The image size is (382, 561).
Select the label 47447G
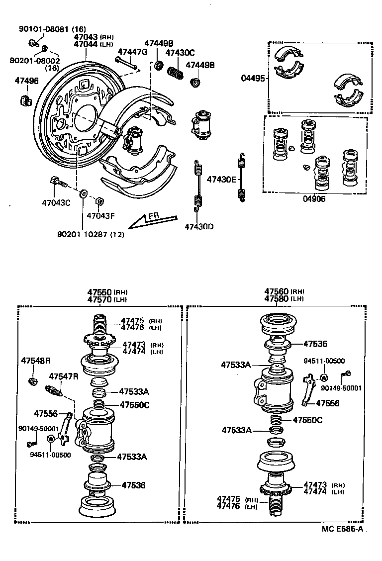(x=132, y=51)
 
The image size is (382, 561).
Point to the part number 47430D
(x=199, y=227)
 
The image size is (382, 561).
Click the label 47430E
(x=221, y=179)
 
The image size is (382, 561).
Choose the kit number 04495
(x=252, y=78)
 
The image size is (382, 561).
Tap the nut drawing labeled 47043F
(x=99, y=201)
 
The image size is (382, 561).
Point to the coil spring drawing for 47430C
(x=174, y=73)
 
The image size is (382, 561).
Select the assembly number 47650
(x=99, y=292)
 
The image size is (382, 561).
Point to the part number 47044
(x=86, y=44)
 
